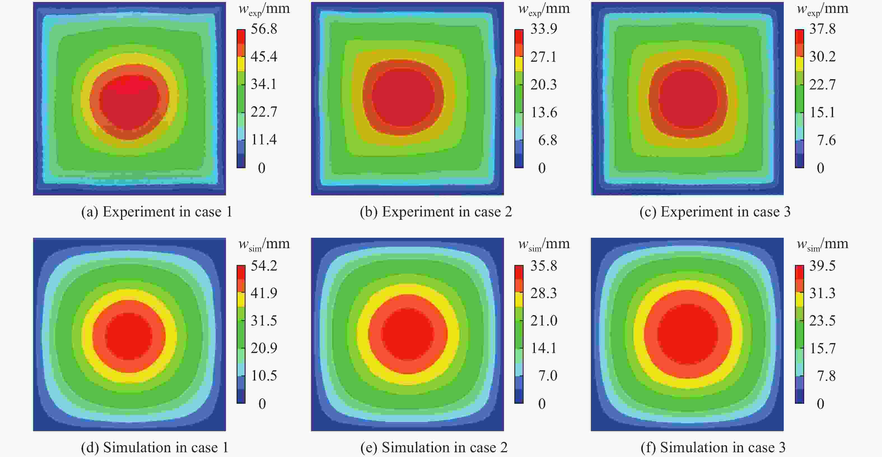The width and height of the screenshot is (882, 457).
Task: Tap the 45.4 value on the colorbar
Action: pyautogui.click(x=264, y=56)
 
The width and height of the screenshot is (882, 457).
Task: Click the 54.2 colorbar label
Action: pyautogui.click(x=264, y=266)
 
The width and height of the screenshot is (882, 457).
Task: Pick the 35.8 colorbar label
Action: pyautogui.click(x=543, y=266)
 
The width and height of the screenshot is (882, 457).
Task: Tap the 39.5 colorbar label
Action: pyautogui.click(x=822, y=266)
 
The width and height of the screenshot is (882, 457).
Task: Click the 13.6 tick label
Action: pyautogui.click(x=544, y=112)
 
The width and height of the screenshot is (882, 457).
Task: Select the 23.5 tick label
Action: pyautogui.click(x=822, y=320)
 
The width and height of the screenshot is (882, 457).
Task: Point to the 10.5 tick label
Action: pyautogui.click(x=264, y=376)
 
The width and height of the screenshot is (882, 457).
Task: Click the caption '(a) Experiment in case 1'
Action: pyautogui.click(x=157, y=211)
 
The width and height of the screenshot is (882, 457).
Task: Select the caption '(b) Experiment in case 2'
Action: pyautogui.click(x=436, y=211)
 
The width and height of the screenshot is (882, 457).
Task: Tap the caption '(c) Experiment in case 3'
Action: pyautogui.click(x=715, y=211)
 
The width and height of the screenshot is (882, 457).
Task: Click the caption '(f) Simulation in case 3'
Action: pyautogui.click(x=713, y=447)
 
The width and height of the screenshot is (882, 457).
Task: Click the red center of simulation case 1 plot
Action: pyautogui.click(x=129, y=336)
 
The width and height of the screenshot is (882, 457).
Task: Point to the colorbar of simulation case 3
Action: pyautogui.click(x=799, y=334)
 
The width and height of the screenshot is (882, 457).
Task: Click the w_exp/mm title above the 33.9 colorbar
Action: pyautogui.click(x=544, y=9)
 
